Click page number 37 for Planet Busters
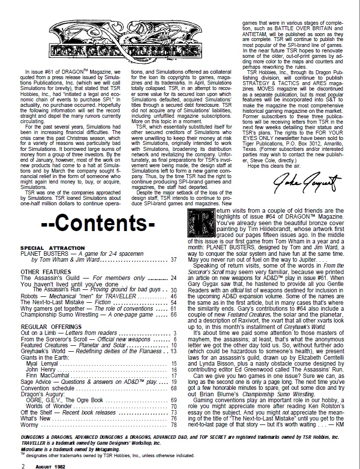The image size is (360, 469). tap(173, 259)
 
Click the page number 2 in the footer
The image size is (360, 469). tap(23, 466)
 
